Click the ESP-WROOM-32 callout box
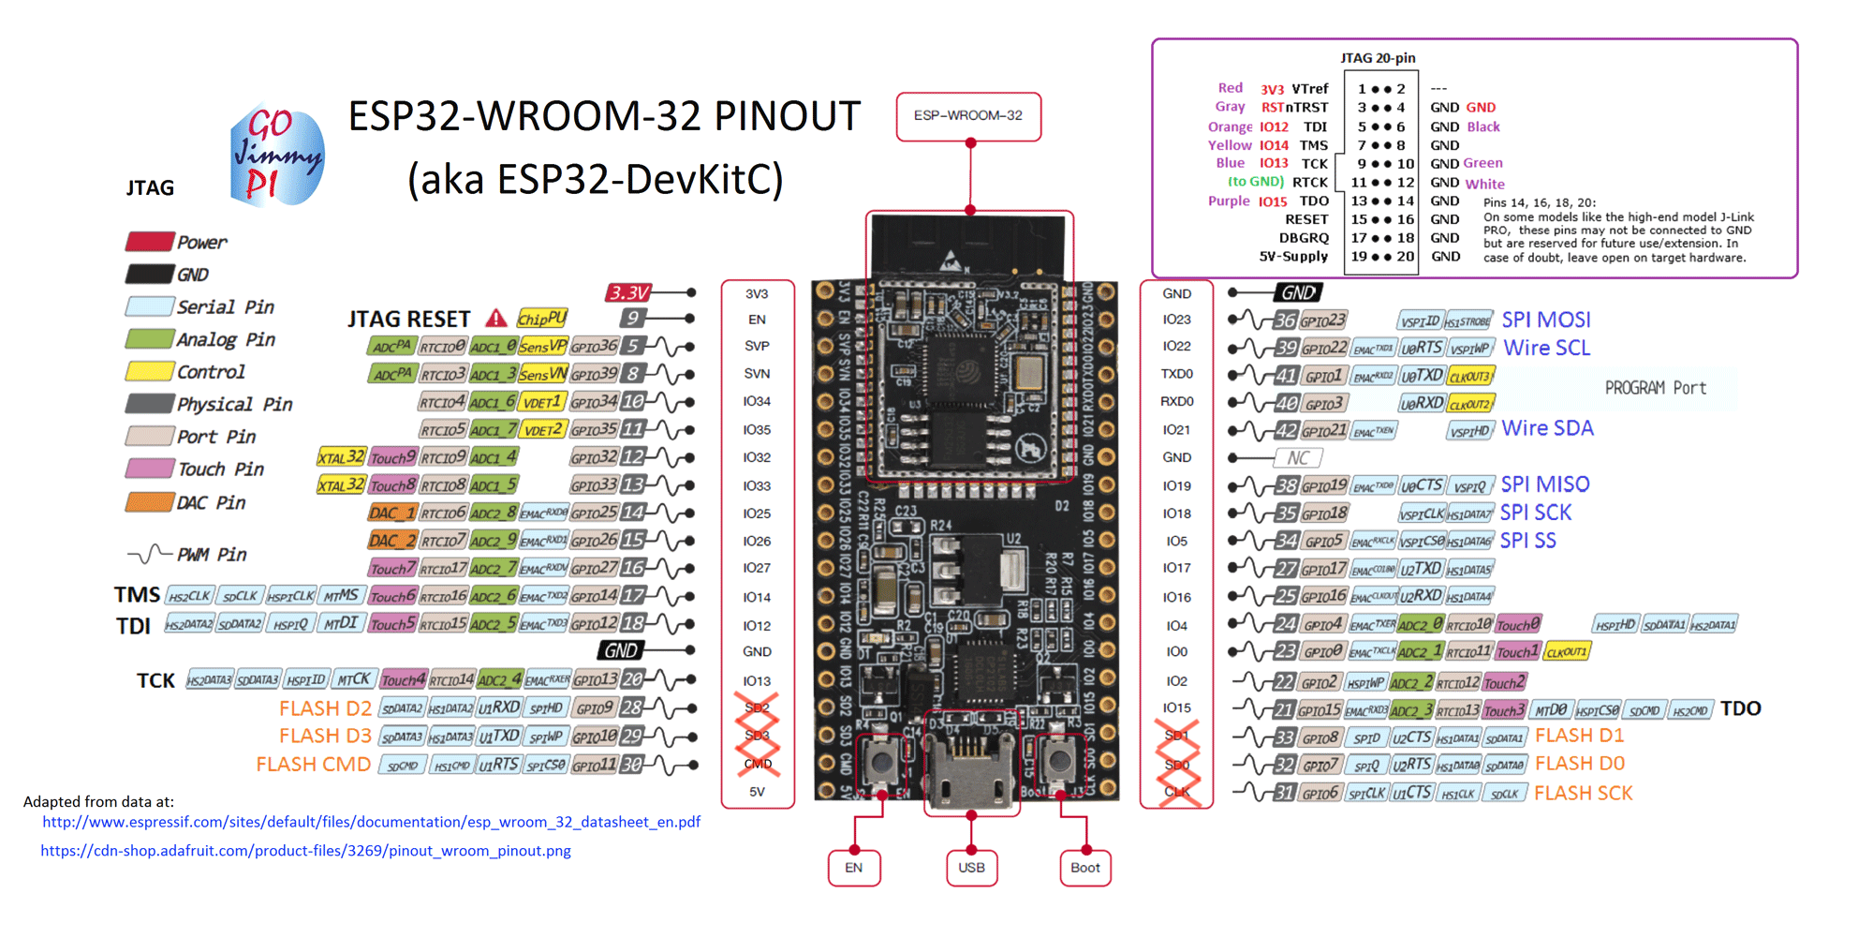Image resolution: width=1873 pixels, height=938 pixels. (x=968, y=116)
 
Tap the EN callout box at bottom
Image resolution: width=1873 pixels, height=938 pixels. (x=853, y=868)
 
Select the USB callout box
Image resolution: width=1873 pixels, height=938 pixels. (x=971, y=868)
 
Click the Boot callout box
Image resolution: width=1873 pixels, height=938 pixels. (x=1084, y=868)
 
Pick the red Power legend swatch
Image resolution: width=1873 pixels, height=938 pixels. (x=149, y=242)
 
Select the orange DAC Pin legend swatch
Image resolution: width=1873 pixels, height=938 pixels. (x=149, y=502)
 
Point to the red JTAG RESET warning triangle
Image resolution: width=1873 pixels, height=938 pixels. (x=496, y=319)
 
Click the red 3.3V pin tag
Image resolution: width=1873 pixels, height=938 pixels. (x=629, y=293)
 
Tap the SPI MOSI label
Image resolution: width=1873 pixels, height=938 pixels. (x=1545, y=320)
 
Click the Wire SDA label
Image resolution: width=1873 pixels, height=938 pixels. (x=1547, y=429)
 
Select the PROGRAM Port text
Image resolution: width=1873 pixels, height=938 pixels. (x=1655, y=388)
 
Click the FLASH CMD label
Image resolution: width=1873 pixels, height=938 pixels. (x=313, y=765)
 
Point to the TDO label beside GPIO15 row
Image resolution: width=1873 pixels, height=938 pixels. (x=1740, y=709)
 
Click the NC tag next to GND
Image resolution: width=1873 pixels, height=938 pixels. (x=1297, y=458)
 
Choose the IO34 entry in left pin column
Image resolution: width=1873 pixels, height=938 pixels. (x=757, y=402)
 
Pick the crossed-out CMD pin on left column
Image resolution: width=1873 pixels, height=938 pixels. (x=758, y=764)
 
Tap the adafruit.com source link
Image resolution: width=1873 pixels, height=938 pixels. (x=305, y=851)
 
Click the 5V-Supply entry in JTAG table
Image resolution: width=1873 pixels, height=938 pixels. (x=1293, y=257)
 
